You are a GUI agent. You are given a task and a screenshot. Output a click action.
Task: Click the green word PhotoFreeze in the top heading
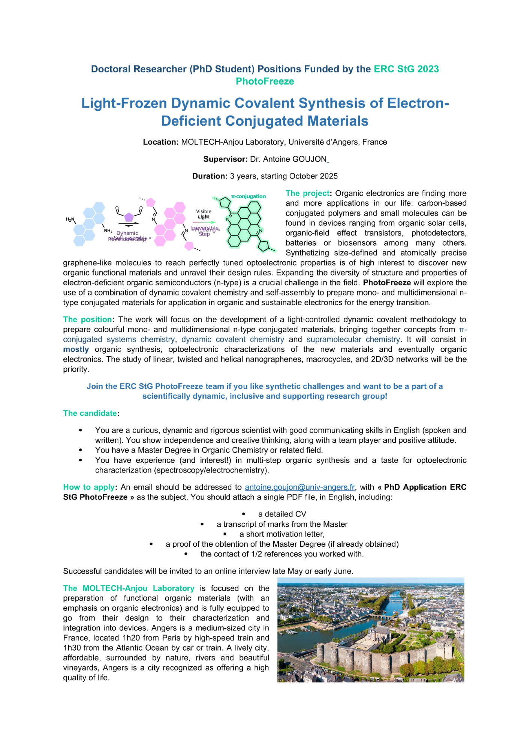(x=265, y=81)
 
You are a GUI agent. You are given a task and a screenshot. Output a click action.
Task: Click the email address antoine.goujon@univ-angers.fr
(x=299, y=487)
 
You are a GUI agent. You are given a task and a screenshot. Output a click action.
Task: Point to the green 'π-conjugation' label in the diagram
(x=248, y=196)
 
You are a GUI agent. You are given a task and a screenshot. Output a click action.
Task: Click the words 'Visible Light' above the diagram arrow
(x=204, y=214)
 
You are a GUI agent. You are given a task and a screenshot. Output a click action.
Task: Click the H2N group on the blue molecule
(x=70, y=219)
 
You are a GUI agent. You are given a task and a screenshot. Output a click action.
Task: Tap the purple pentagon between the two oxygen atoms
(x=129, y=217)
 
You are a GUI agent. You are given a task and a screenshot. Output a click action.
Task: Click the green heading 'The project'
(x=307, y=193)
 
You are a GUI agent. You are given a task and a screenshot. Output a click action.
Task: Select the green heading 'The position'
(x=87, y=319)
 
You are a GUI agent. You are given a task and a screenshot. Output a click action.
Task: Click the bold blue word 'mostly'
(x=76, y=349)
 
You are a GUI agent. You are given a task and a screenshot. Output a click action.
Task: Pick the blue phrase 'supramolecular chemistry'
(x=353, y=339)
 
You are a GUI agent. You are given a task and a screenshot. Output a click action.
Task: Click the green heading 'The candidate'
(x=90, y=413)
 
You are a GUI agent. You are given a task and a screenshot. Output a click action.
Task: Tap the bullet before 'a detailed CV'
(x=244, y=514)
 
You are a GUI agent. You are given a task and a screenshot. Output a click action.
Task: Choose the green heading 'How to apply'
(x=88, y=487)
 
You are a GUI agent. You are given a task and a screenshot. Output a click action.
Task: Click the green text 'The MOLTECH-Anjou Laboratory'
(x=129, y=588)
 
